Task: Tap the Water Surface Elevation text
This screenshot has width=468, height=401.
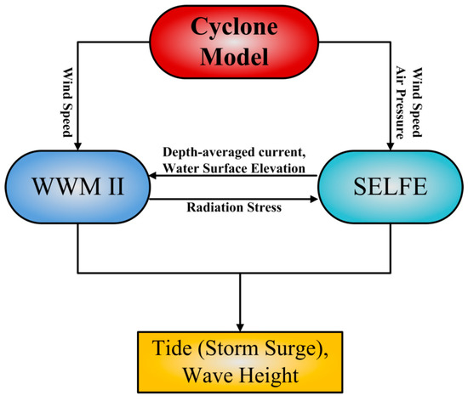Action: coord(236,167)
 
